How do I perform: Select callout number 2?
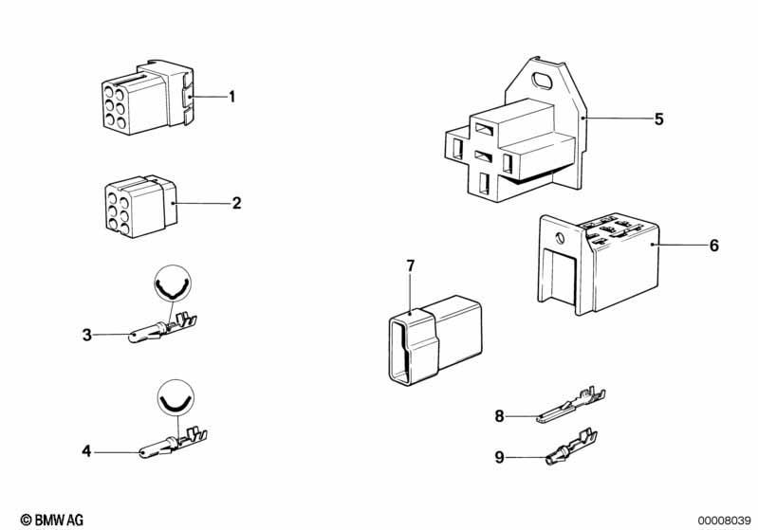[236, 202]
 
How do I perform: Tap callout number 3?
[86, 334]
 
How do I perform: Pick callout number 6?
[713, 246]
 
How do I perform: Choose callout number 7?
[411, 265]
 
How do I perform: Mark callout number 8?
[499, 415]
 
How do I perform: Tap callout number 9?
[499, 457]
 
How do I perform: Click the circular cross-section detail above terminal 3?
[172, 284]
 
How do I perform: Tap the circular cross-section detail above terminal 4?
[172, 397]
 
